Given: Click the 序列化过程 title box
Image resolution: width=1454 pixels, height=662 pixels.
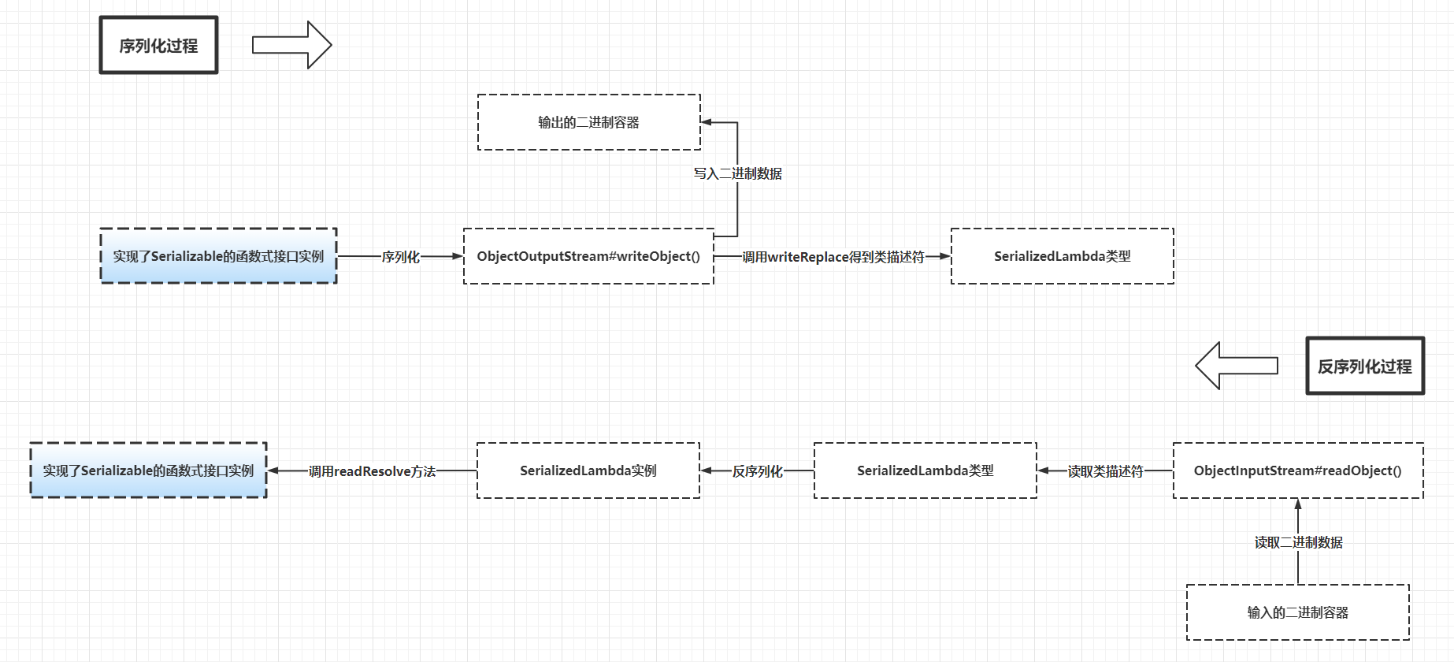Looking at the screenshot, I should (158, 46).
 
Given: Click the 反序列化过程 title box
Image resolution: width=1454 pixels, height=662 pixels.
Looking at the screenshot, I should (1365, 366).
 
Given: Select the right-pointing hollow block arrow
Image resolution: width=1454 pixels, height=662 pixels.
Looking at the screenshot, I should (292, 45).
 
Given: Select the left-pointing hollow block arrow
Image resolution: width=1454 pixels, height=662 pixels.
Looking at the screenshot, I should (1236, 366).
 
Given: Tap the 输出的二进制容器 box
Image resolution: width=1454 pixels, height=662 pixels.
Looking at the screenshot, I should (589, 122).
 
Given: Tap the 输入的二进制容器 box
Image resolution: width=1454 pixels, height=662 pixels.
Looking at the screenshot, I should (1298, 612).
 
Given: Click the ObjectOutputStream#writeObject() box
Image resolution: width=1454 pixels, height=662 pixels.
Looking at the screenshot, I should (588, 256).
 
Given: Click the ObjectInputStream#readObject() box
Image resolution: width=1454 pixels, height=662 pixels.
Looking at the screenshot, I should (1298, 470).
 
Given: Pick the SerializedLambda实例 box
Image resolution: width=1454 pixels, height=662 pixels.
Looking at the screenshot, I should (588, 470).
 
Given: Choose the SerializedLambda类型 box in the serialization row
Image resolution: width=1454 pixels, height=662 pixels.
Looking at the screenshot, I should (1063, 256).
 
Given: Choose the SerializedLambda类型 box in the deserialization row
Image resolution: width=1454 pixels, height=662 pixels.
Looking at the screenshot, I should (925, 470).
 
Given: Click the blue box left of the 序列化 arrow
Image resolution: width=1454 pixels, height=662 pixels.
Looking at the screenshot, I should (218, 256).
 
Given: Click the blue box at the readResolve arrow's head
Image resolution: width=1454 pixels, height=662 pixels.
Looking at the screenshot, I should (148, 470).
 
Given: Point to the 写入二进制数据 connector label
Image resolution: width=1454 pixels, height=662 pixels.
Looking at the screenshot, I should (738, 173).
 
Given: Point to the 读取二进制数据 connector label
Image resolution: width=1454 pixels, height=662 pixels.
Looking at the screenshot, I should (1299, 542).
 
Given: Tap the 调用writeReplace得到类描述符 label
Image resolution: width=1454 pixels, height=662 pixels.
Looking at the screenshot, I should (833, 257).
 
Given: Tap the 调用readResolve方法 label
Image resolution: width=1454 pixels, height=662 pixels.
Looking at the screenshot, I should (372, 471).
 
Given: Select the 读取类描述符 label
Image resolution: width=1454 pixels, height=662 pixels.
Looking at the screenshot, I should (1105, 471).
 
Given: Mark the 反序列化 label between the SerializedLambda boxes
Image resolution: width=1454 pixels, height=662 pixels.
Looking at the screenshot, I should (757, 471).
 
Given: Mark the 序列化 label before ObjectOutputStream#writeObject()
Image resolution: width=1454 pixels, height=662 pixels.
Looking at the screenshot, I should (400, 257).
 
